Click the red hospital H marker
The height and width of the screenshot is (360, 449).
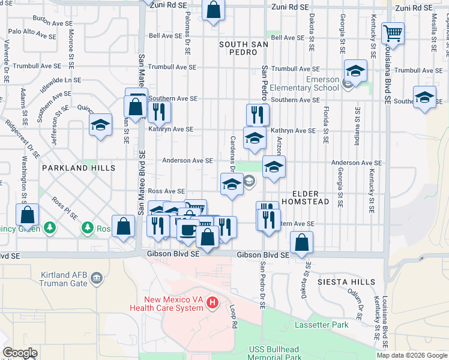(211, 304)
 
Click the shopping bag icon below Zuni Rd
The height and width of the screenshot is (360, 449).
(213, 10)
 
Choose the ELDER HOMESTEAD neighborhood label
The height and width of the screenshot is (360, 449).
(311, 197)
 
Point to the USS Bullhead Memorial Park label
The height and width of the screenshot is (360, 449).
(276, 353)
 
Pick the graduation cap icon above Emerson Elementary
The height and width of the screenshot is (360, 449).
(355, 71)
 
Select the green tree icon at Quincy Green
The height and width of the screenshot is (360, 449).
(50, 227)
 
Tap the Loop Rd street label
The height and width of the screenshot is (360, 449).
(234, 316)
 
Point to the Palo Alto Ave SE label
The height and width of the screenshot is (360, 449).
(31, 34)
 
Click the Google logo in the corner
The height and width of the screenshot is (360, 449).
(20, 353)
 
